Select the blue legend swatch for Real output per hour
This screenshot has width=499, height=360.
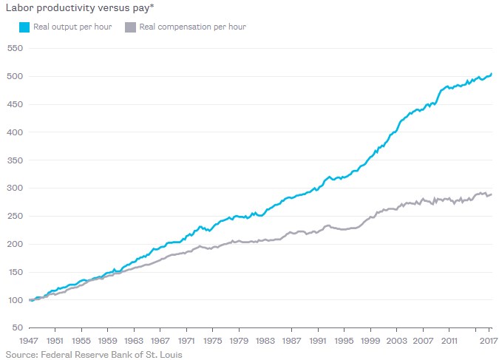(24, 27)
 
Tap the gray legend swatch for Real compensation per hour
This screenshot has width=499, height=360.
(130, 27)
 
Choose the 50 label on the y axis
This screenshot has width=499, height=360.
(16, 327)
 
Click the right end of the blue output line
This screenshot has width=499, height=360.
(492, 74)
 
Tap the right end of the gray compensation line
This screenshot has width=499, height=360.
(492, 194)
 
